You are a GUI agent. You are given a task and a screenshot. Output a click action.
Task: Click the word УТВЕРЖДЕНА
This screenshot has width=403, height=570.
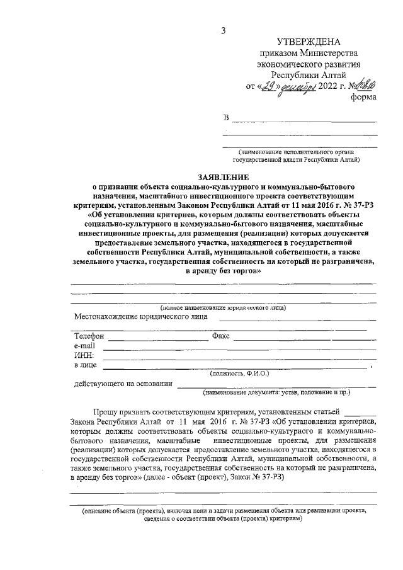tap(307, 42)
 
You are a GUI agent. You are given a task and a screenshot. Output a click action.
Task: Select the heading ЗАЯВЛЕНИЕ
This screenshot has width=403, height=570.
tap(224, 178)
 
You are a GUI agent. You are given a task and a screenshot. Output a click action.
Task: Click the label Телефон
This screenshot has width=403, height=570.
tap(89, 336)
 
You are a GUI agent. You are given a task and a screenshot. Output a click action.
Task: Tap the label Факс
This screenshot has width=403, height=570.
tap(224, 336)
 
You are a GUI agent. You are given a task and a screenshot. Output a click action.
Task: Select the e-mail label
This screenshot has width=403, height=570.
tap(85, 346)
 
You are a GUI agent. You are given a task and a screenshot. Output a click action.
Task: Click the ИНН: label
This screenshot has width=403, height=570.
tap(84, 355)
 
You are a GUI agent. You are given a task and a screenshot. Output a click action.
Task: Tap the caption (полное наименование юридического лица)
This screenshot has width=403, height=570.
tap(223, 307)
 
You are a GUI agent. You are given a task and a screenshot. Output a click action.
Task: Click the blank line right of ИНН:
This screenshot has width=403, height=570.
tap(239, 358)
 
